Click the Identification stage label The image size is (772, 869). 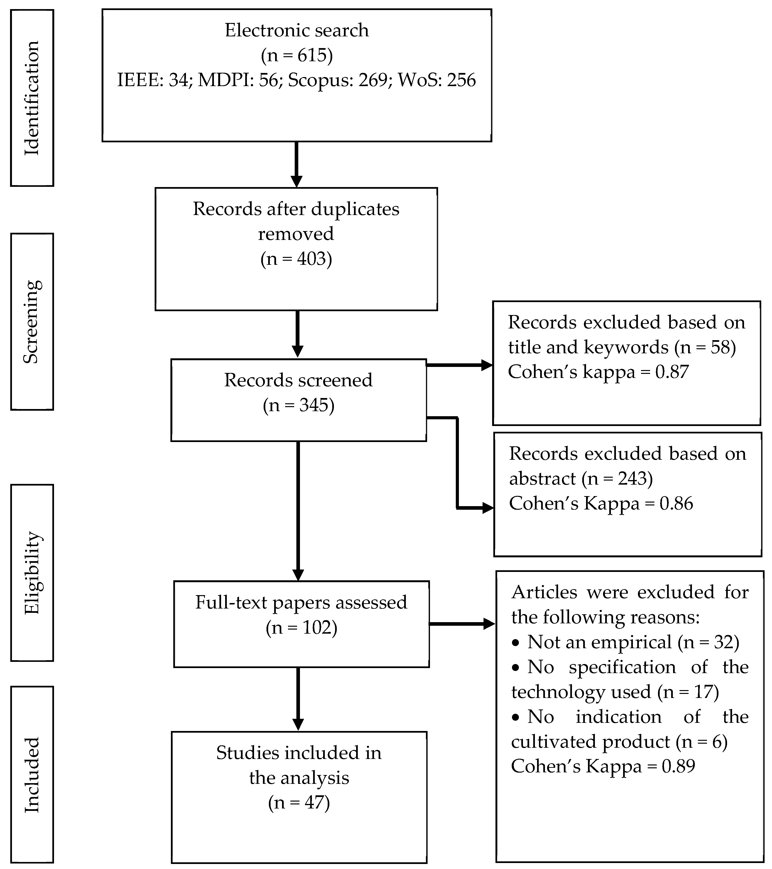click(32, 98)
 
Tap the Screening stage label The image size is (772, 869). click(32, 321)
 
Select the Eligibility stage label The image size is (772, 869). click(32, 573)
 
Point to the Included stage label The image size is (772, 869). click(32, 775)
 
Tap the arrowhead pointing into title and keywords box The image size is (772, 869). click(486, 365)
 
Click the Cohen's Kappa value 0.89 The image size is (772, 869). click(678, 766)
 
